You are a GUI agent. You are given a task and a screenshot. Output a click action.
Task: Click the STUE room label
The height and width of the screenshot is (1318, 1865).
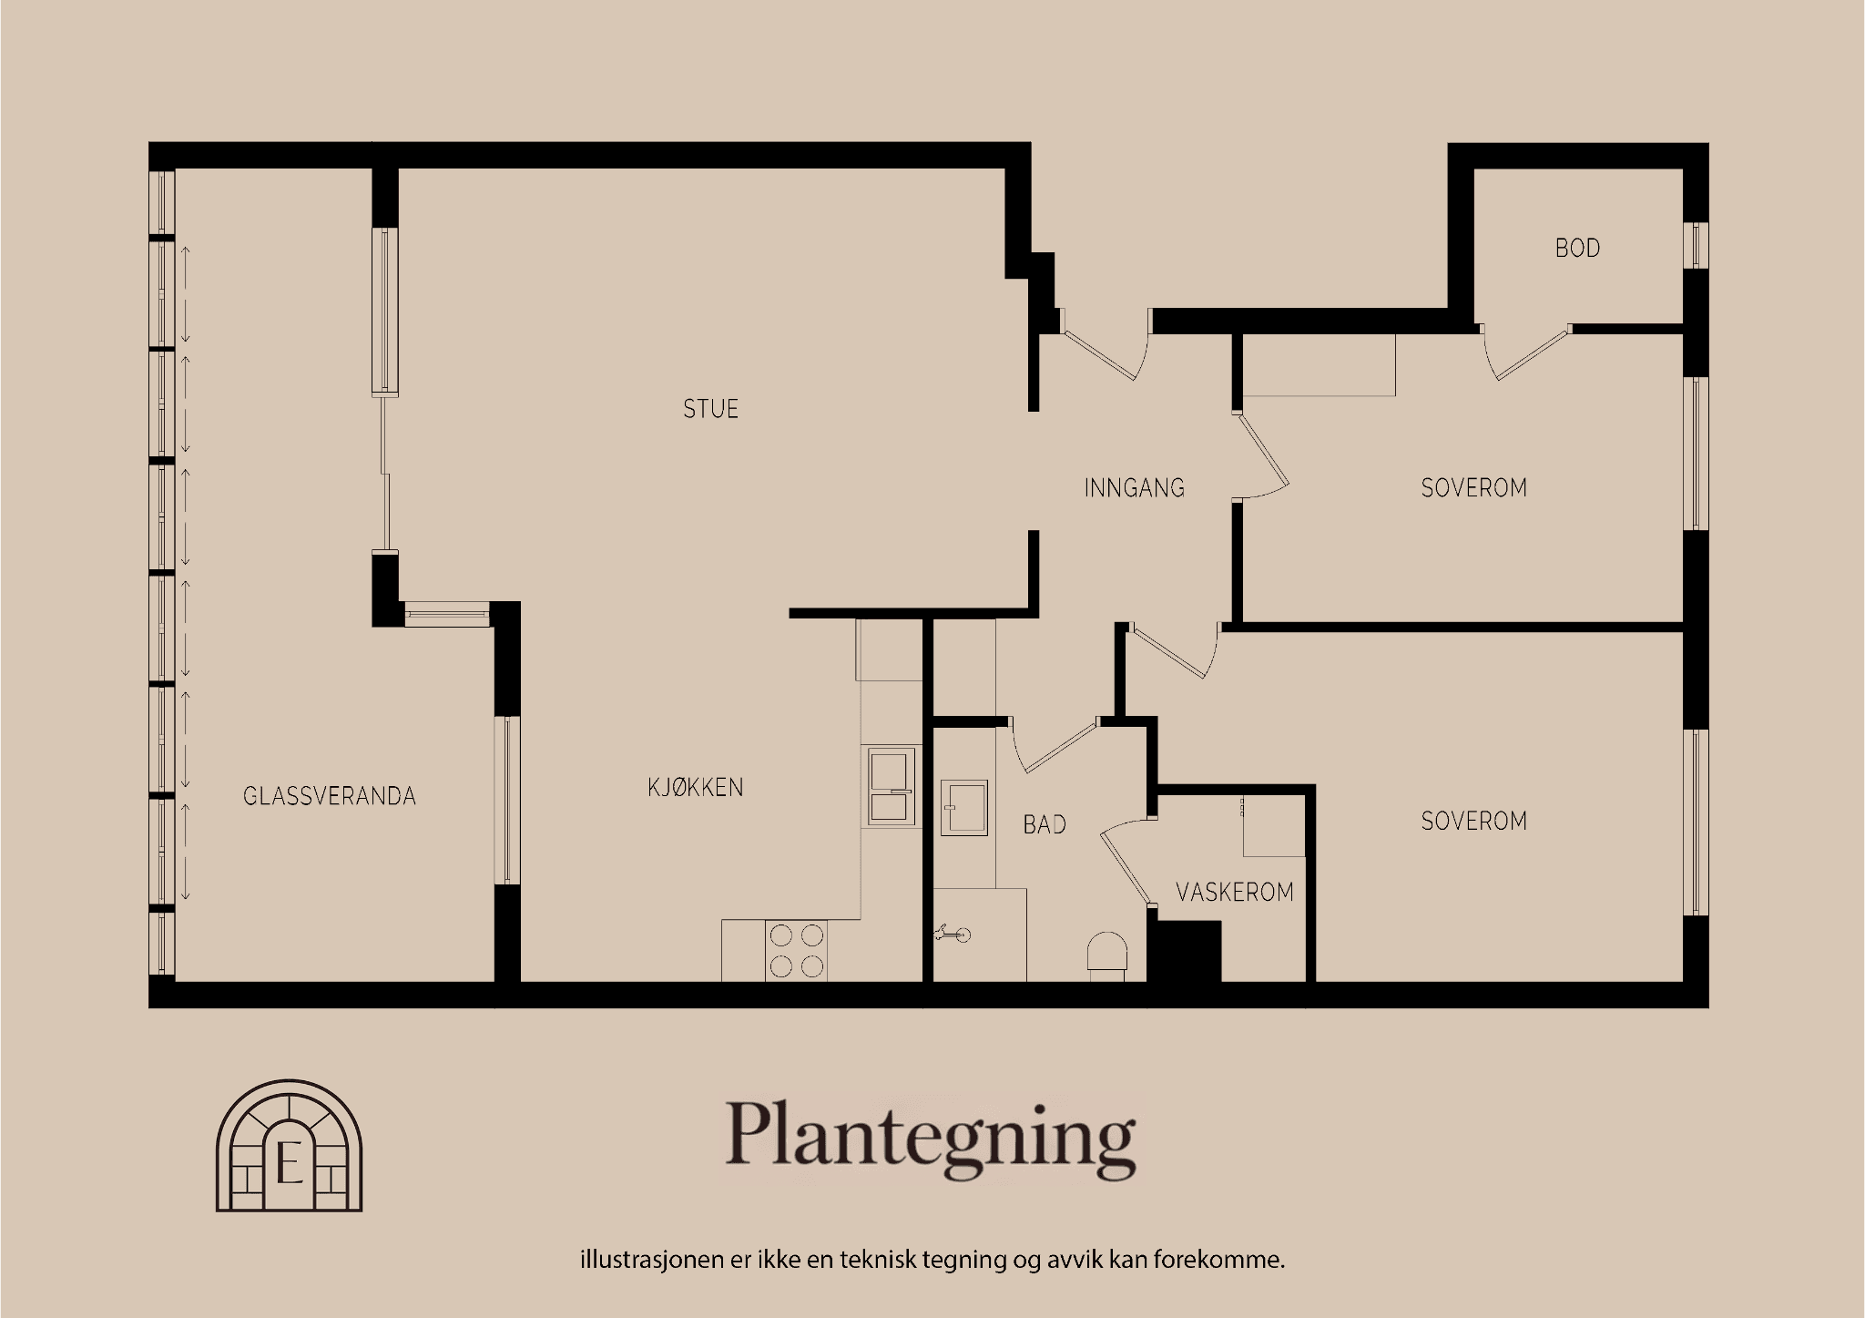pyautogui.click(x=710, y=409)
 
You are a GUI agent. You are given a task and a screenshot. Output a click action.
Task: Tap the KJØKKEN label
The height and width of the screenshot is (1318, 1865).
pyautogui.click(x=696, y=787)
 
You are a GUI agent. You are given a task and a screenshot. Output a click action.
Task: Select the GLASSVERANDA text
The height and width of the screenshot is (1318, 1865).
pyautogui.click(x=329, y=796)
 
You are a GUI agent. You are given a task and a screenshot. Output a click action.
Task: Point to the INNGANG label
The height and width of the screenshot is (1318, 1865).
pyautogui.click(x=1134, y=488)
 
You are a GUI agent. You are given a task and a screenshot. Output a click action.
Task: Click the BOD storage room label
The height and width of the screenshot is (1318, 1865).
pyautogui.click(x=1577, y=248)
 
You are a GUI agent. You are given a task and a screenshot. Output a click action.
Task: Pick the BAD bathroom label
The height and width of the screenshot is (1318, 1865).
pyautogui.click(x=1044, y=825)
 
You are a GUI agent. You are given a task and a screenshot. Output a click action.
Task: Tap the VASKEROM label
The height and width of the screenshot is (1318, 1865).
pyautogui.click(x=1234, y=892)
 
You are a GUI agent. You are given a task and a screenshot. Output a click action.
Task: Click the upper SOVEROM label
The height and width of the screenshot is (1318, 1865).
pyautogui.click(x=1473, y=488)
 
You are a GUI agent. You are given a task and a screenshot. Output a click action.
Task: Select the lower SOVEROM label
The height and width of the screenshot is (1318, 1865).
pyautogui.click(x=1473, y=822)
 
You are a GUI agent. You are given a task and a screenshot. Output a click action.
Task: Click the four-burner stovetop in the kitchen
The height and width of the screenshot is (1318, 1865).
pyautogui.click(x=796, y=950)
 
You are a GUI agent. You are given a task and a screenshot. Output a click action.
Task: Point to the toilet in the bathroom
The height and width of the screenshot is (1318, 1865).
pyautogui.click(x=1106, y=956)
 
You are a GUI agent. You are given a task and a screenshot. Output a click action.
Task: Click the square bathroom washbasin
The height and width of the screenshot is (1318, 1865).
pyautogui.click(x=963, y=806)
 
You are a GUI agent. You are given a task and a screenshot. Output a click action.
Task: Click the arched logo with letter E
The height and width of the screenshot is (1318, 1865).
pyautogui.click(x=289, y=1145)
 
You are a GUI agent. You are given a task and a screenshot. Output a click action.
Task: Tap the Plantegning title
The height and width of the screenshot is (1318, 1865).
pyautogui.click(x=930, y=1137)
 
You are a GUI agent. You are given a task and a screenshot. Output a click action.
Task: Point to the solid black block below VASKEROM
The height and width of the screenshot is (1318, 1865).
pyautogui.click(x=1183, y=952)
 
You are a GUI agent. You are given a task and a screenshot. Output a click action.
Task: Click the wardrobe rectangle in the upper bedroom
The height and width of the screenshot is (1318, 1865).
pyautogui.click(x=1319, y=364)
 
